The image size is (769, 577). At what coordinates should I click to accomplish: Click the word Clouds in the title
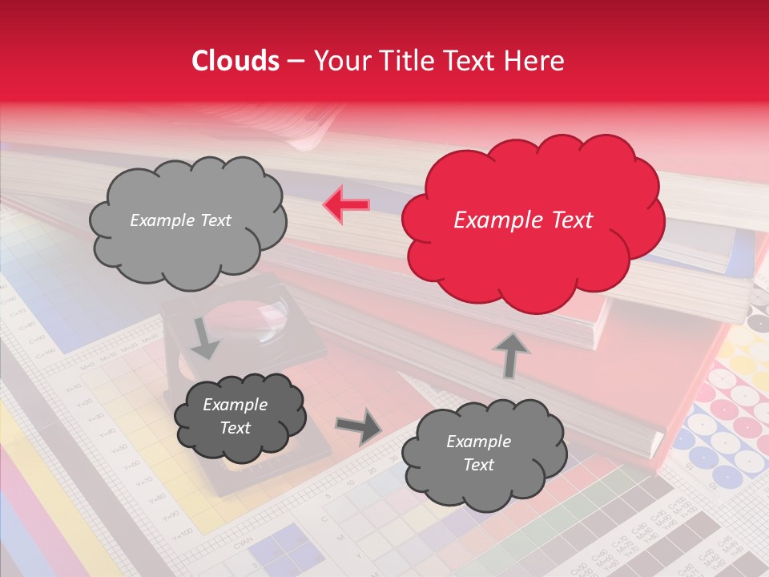coord(235,61)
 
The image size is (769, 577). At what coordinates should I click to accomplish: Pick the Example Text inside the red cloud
coord(523,220)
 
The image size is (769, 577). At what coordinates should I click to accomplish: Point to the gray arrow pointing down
coord(205,337)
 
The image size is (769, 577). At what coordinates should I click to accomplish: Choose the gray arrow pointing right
coord(358,426)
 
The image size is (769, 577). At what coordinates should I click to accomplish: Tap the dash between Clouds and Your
coord(295,61)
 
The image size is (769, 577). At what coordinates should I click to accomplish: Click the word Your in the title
coord(342,61)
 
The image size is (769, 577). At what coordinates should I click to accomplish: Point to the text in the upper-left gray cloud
coord(180,220)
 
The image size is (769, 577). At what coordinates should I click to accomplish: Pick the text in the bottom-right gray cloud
coord(478,453)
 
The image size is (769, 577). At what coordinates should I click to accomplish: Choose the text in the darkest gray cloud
coord(235,416)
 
